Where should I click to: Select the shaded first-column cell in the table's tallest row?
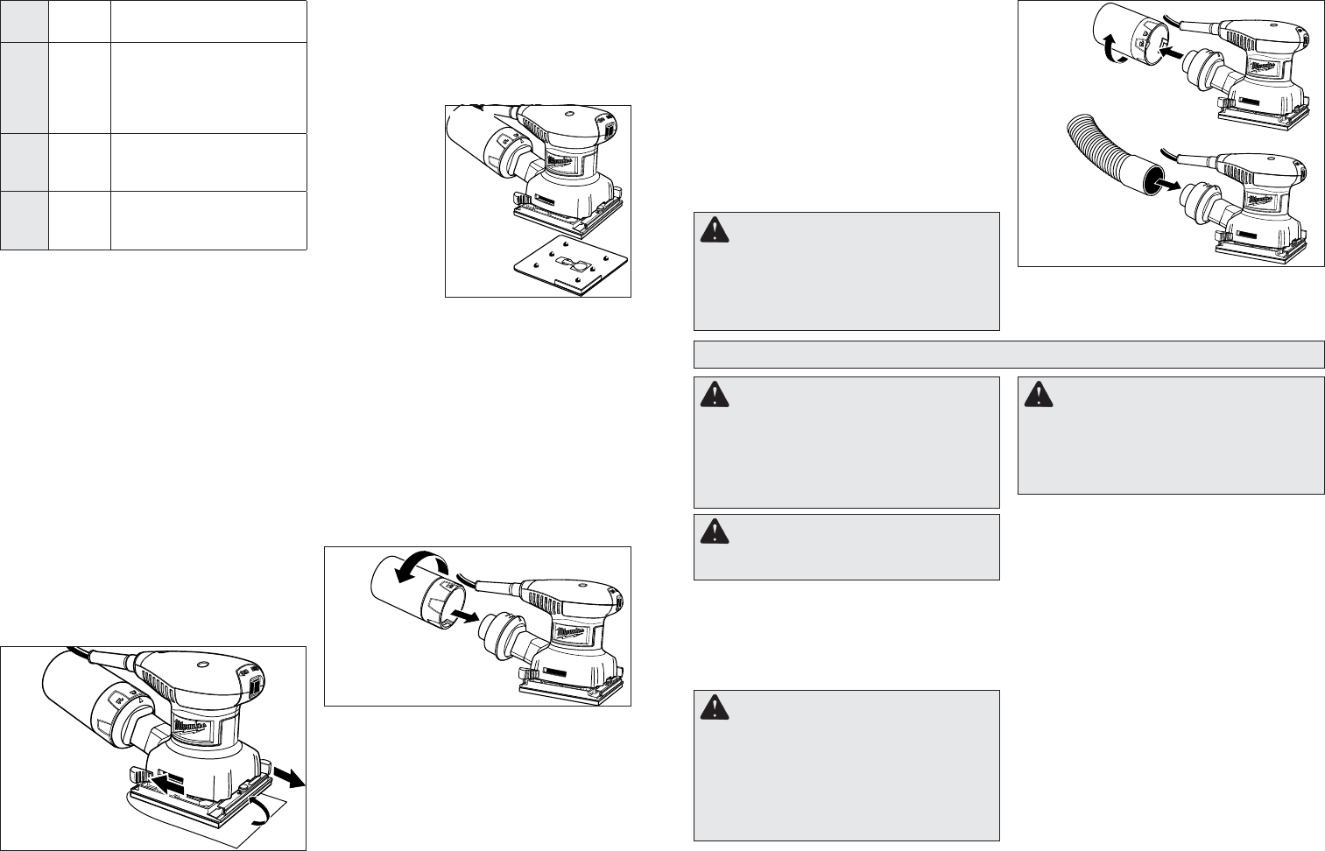point(24,88)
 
